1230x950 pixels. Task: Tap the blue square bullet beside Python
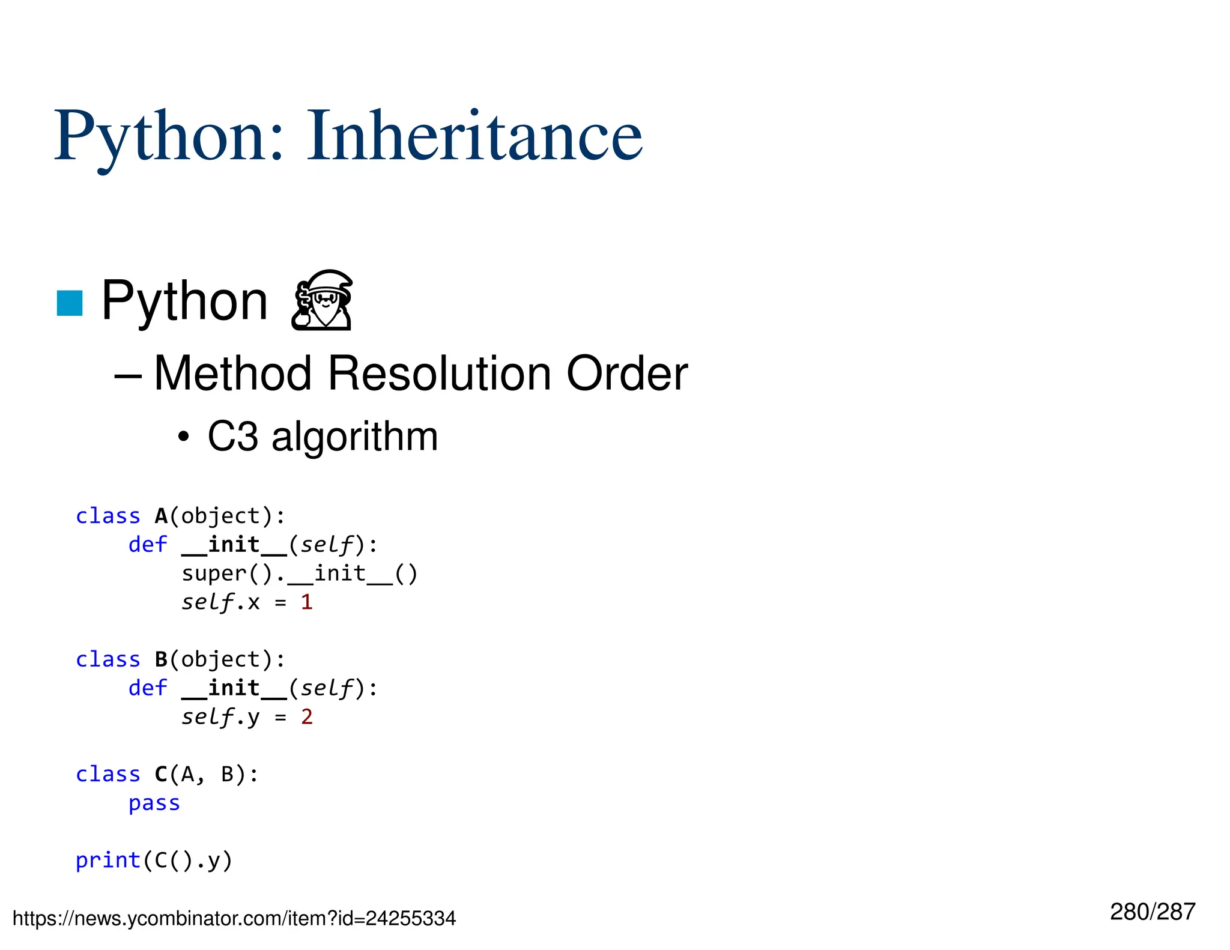pos(69,303)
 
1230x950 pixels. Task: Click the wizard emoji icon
pos(323,300)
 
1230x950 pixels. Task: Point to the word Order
pos(627,374)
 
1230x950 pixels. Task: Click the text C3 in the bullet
pos(232,437)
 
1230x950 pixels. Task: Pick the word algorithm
pos(354,437)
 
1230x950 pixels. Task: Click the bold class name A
pos(161,516)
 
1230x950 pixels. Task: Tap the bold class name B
pos(161,659)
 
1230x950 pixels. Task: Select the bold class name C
pos(161,774)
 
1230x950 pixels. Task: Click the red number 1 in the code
pos(306,602)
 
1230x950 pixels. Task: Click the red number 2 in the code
pos(306,716)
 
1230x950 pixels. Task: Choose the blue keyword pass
pos(154,803)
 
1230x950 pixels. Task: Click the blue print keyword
pos(108,860)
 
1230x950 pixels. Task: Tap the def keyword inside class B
pos(148,688)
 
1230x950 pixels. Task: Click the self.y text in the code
pos(220,716)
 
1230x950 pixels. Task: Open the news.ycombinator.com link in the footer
pos(234,918)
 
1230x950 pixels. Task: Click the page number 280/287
pos(1152,912)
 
